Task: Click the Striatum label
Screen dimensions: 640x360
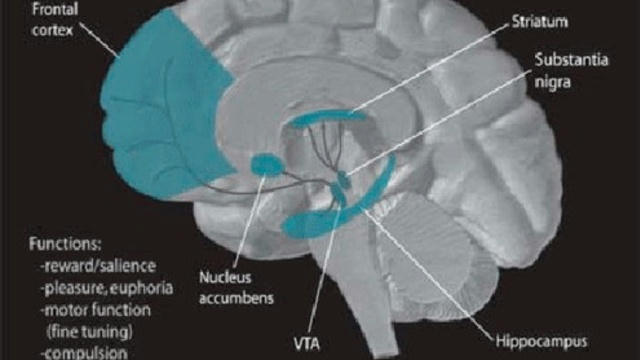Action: (539, 21)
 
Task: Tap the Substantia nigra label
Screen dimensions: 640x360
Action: (571, 71)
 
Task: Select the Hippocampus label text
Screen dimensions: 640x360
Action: (541, 341)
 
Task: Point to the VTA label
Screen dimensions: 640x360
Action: (307, 343)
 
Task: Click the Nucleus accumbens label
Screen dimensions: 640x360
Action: (236, 288)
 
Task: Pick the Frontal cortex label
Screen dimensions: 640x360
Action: (55, 20)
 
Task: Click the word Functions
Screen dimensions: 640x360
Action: (65, 244)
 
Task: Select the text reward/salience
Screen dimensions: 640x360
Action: (98, 266)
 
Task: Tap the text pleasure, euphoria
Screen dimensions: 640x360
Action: (107, 288)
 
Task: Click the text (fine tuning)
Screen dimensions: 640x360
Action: (89, 331)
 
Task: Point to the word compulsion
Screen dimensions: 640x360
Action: (84, 353)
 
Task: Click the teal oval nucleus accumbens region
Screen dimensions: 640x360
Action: (267, 164)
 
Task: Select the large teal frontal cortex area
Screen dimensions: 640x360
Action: (163, 110)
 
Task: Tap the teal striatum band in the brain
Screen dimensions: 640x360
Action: (327, 118)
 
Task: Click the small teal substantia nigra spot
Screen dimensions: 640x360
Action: (345, 179)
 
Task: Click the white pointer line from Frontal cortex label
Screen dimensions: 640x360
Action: (99, 40)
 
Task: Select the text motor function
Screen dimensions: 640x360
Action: (96, 310)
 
